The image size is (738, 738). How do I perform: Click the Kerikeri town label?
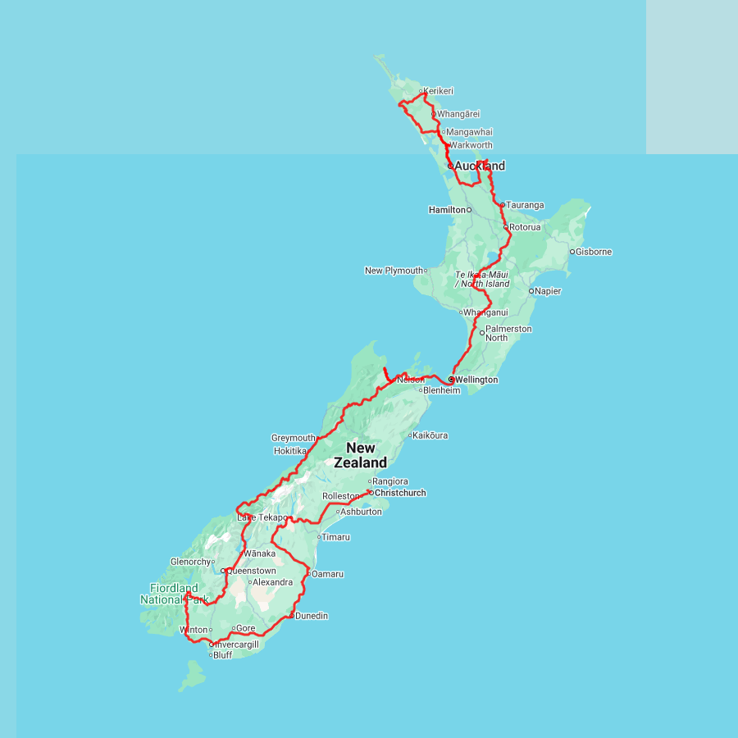coord(440,91)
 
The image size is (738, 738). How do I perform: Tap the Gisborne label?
coord(594,252)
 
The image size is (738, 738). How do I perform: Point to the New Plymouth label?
coord(394,271)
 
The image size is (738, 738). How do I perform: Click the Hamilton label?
coord(446,210)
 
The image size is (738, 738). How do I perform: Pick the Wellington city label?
coord(476,380)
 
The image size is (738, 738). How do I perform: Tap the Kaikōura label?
coord(432,435)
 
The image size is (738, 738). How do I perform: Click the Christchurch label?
coord(400,493)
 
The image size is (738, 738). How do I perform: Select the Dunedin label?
coord(312,616)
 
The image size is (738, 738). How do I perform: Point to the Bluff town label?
coord(222,655)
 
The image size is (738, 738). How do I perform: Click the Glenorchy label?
coord(190,562)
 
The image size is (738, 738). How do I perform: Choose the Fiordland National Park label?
coord(174,594)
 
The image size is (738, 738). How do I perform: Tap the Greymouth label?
coord(293,438)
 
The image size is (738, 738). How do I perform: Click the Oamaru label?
coord(327,574)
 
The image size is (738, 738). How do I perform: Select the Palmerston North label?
coord(508,333)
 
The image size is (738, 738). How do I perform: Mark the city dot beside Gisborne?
coord(572,252)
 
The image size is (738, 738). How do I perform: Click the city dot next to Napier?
coord(531,291)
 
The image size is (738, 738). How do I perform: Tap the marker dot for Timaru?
coord(319,537)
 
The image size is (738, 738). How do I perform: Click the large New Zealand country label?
coord(361,455)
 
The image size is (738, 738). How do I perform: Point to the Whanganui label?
coord(486,312)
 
